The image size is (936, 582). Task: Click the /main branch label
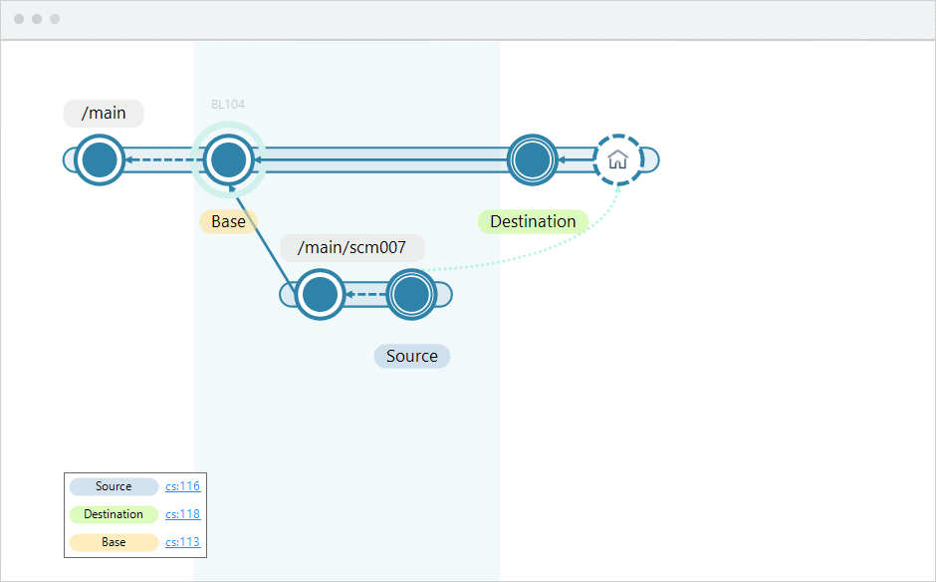(x=104, y=114)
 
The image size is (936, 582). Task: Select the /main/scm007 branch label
(x=351, y=248)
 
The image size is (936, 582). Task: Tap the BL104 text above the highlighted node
(x=228, y=105)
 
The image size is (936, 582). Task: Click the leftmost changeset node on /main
(x=100, y=159)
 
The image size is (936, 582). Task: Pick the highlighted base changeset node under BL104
(x=228, y=159)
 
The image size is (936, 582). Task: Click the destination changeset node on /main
(x=532, y=159)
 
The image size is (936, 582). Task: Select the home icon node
(x=617, y=159)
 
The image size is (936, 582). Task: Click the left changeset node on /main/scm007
(x=320, y=295)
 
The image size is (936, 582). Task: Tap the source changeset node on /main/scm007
(x=410, y=295)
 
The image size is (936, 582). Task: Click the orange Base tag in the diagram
(x=228, y=221)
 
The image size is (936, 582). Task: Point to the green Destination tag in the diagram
(x=533, y=221)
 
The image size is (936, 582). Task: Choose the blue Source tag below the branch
(x=411, y=356)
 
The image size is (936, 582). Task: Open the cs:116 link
(x=182, y=486)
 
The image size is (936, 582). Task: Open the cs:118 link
(x=182, y=514)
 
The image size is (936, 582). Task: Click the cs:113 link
(x=182, y=542)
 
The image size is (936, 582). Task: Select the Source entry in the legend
(x=114, y=486)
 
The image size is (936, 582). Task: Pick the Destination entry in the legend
(x=114, y=514)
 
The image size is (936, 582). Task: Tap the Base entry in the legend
(x=114, y=542)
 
